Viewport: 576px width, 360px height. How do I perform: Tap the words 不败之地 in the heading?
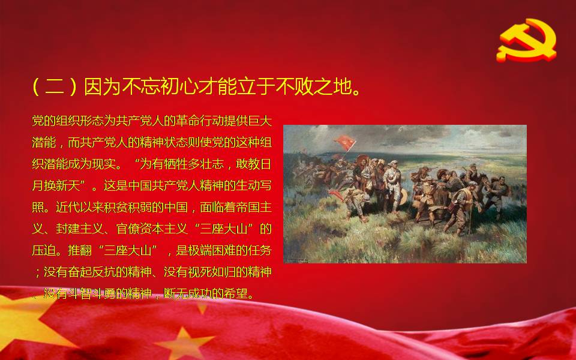point(314,86)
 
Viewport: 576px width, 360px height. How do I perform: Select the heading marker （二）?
point(55,86)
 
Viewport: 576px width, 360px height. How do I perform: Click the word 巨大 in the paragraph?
point(259,121)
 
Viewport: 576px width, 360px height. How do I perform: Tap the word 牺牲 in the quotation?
point(176,164)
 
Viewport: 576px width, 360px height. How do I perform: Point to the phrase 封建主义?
point(80,229)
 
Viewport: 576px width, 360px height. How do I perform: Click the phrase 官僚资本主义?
point(152,229)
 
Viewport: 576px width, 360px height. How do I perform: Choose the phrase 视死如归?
point(212,272)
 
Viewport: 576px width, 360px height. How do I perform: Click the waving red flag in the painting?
point(345,142)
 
